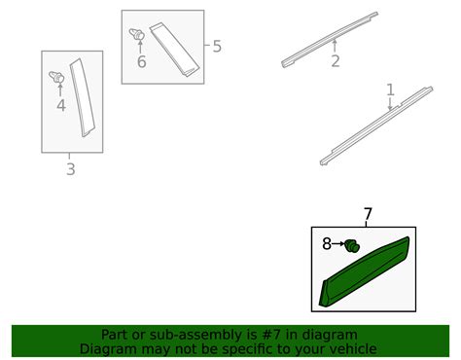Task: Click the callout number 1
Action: coord(390,90)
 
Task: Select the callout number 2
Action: coord(336,61)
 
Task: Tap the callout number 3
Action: coord(71,169)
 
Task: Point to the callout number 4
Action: coord(61,105)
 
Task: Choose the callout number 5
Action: coord(217,46)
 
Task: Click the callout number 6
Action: coord(142,61)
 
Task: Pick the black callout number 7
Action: coord(368,214)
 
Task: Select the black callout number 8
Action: coord(327,243)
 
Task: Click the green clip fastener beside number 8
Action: coord(352,246)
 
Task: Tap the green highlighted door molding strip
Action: coord(365,272)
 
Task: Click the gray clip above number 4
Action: coord(56,77)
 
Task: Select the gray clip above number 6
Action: coord(137,34)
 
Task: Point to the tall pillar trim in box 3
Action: coord(83,97)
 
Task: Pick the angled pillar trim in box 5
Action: coord(174,50)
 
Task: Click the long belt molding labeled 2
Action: coord(330,40)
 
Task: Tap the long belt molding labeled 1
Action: coord(376,126)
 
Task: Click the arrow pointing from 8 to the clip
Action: coord(338,243)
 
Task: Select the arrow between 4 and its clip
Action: coord(60,90)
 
